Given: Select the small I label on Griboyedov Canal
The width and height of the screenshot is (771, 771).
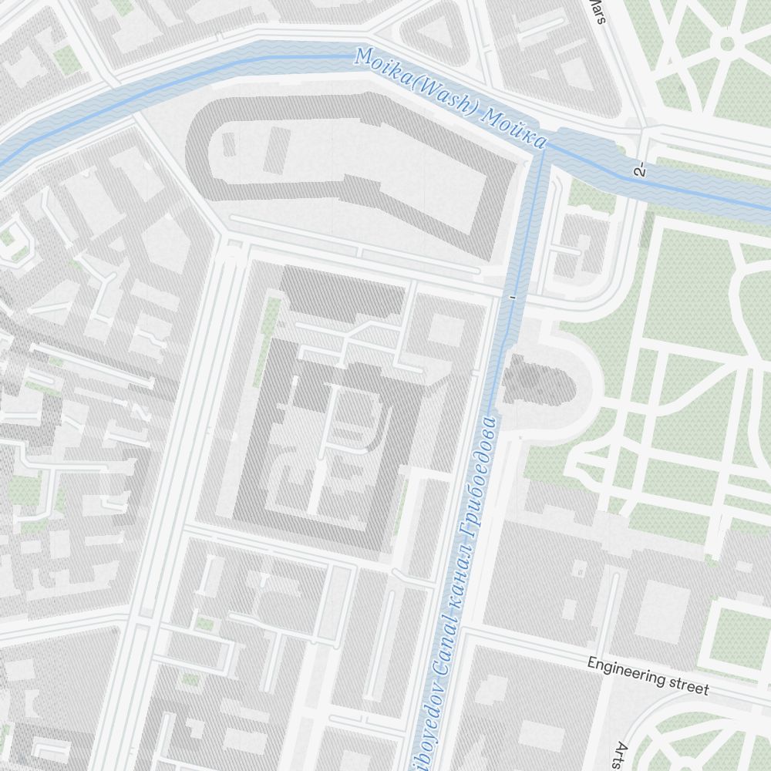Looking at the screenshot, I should (x=511, y=296).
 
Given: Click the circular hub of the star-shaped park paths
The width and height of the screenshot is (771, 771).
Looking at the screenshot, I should (x=726, y=43).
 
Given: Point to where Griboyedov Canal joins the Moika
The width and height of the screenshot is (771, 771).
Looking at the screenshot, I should (x=543, y=150).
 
